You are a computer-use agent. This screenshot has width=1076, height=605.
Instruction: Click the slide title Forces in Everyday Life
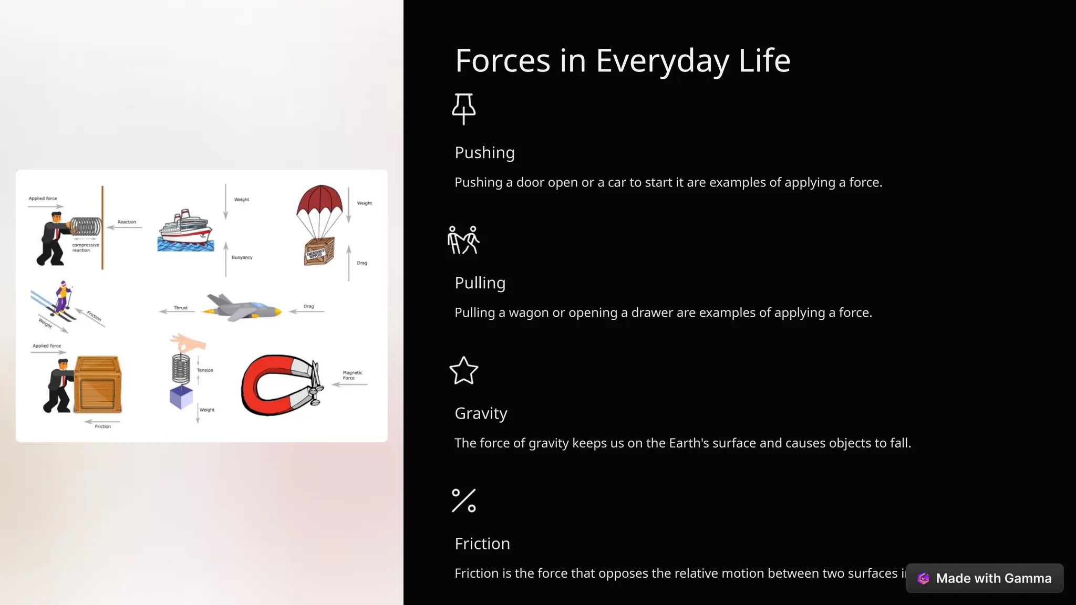point(623,60)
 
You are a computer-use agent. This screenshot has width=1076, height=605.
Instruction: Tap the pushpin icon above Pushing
point(464,109)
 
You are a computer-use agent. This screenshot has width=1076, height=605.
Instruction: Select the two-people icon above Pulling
point(463,240)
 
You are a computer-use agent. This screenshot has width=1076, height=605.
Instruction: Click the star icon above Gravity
point(464,371)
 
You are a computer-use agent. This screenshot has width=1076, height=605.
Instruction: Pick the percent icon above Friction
point(464,500)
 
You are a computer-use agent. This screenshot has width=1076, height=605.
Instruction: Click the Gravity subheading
point(481,413)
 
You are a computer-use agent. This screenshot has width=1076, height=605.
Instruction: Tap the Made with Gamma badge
point(985,578)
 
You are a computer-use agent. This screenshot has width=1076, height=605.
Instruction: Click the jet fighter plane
point(242,308)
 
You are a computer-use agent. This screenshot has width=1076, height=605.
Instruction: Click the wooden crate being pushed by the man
point(98,384)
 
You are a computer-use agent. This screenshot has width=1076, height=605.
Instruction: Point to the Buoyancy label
point(242,257)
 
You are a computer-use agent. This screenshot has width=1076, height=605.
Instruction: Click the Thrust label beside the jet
point(181,308)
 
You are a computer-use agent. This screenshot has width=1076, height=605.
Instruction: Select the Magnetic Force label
point(352,375)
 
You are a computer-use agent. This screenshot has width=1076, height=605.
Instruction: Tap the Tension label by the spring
point(205,370)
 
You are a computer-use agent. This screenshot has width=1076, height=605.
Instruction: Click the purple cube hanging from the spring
point(181,397)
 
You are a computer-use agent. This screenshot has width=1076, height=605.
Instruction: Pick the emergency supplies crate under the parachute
point(319,252)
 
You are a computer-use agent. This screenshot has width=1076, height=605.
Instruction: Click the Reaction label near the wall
point(127,222)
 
